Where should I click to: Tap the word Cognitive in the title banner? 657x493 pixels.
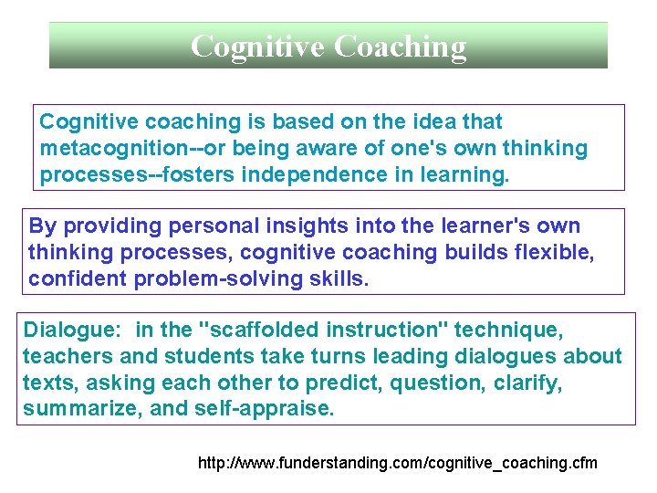click(257, 46)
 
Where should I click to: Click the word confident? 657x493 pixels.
click(78, 278)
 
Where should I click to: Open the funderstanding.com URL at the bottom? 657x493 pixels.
click(398, 463)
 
